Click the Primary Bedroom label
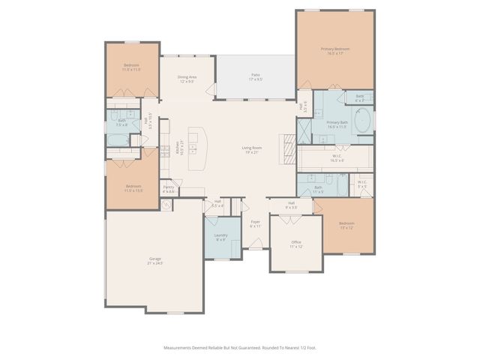pos(335,51)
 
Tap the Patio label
pos(255,76)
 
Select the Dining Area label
pos(187,79)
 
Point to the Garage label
pos(154,262)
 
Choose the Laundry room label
pos(220,237)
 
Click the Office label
pos(296,244)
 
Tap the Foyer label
pos(255,223)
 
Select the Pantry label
pos(169,189)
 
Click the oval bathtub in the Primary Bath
pos(361,121)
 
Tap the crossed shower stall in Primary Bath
pos(304,132)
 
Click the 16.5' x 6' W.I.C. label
pos(337,157)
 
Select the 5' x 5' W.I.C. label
pos(361,184)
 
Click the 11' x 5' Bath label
pos(318,189)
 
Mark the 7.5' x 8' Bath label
pos(122,122)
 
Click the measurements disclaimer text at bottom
pos(239,347)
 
